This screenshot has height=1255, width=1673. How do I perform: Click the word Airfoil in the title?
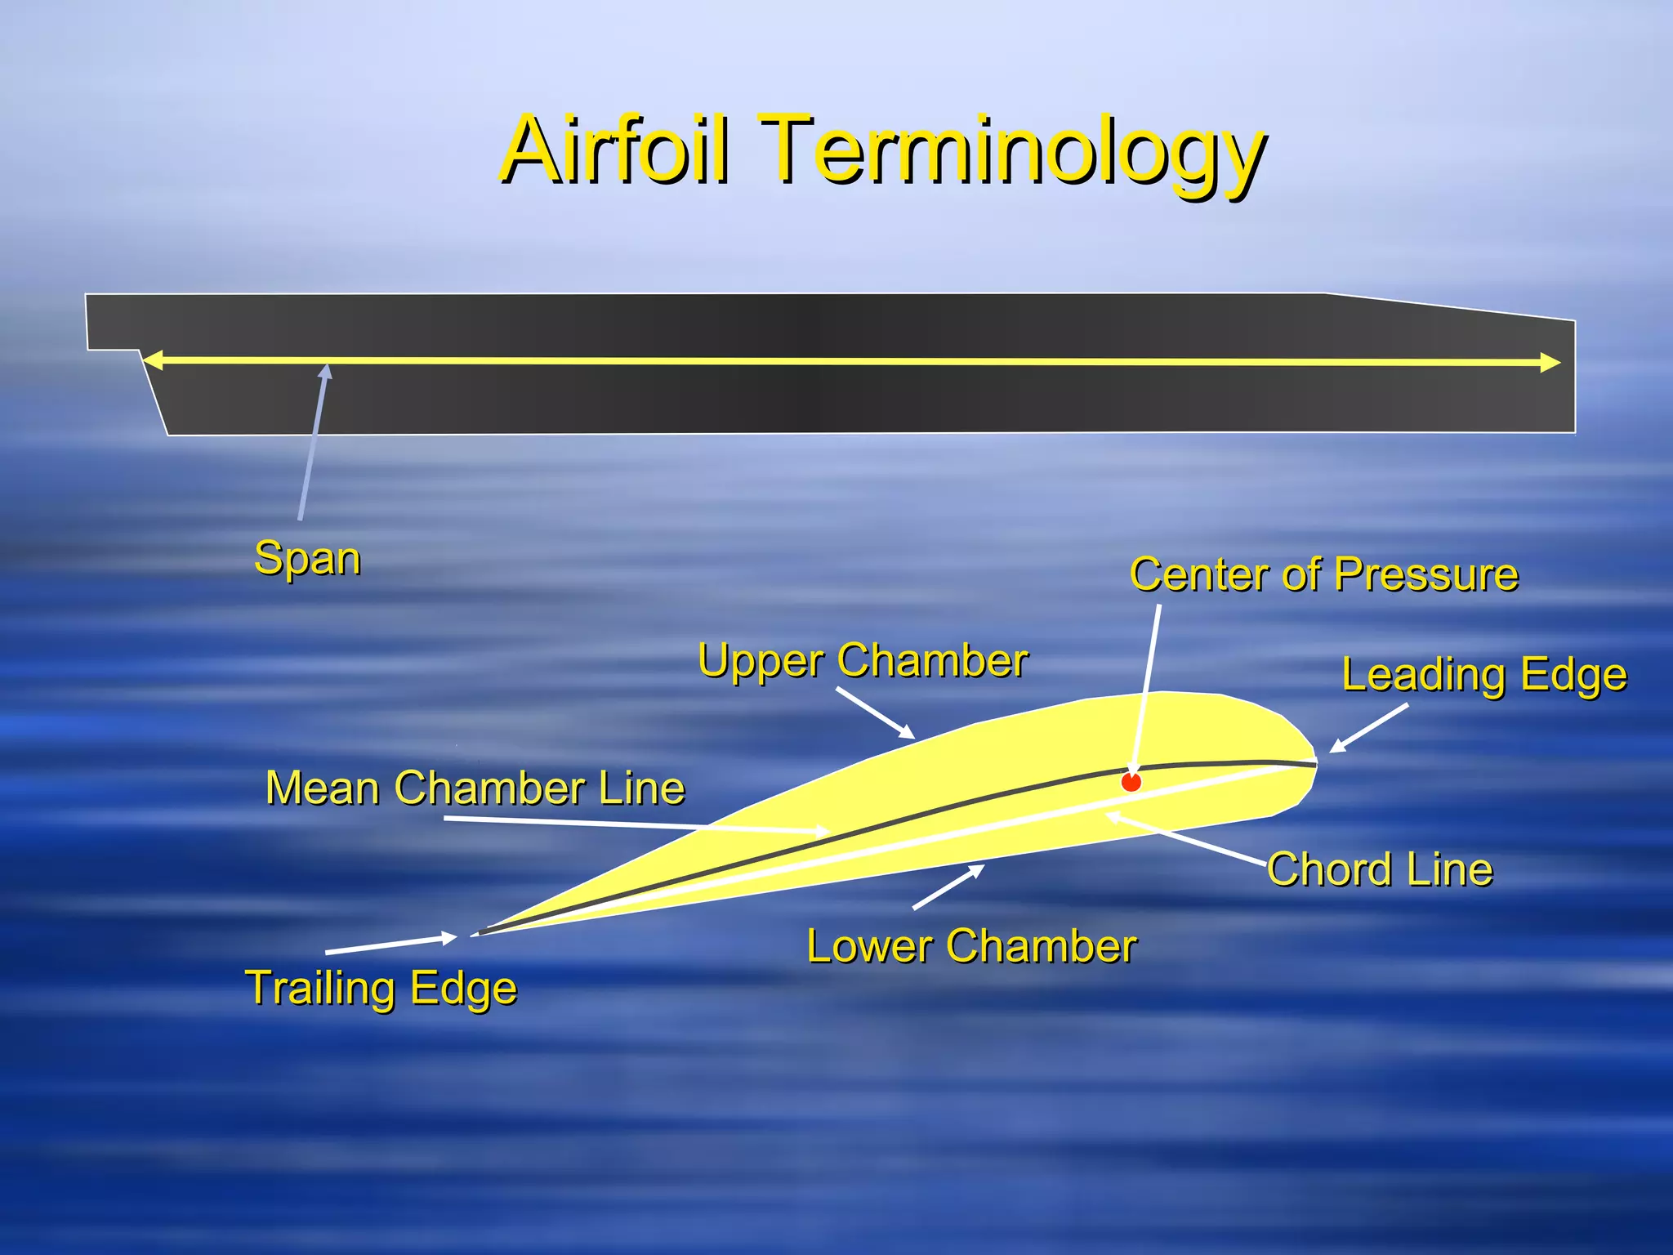(x=614, y=150)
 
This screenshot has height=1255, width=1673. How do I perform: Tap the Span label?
(x=307, y=559)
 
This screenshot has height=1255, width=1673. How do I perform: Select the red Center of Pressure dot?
(x=1131, y=782)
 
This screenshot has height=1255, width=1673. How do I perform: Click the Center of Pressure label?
(x=1323, y=574)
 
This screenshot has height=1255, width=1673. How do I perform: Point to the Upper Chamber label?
(x=862, y=660)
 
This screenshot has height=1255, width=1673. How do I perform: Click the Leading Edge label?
(x=1483, y=676)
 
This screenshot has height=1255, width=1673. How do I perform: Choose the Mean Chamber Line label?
(x=475, y=788)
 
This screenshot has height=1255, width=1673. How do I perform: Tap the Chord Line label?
(x=1379, y=869)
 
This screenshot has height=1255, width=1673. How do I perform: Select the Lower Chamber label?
(x=970, y=947)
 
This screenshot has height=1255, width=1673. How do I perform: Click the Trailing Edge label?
(x=381, y=988)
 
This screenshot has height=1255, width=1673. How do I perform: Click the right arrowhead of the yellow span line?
(x=1550, y=363)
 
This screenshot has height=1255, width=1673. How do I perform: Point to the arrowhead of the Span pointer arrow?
(x=326, y=372)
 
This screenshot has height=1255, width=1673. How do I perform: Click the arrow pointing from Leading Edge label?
(x=1368, y=728)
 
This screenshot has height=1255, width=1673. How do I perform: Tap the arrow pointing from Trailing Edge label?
(x=390, y=945)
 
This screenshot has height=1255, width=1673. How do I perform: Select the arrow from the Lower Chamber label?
(x=948, y=887)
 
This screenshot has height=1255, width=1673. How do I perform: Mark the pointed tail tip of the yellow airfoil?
(x=482, y=932)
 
